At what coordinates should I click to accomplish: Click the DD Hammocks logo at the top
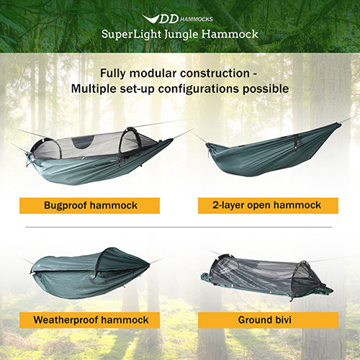tap(179, 18)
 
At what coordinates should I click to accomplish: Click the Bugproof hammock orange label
tap(89, 205)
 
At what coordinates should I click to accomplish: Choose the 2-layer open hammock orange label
tap(269, 205)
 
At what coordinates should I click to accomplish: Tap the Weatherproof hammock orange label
tap(90, 319)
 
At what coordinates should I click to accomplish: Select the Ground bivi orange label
tap(269, 319)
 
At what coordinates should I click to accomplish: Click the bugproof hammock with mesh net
tap(94, 155)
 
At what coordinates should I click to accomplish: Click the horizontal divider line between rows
tap(180, 228)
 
